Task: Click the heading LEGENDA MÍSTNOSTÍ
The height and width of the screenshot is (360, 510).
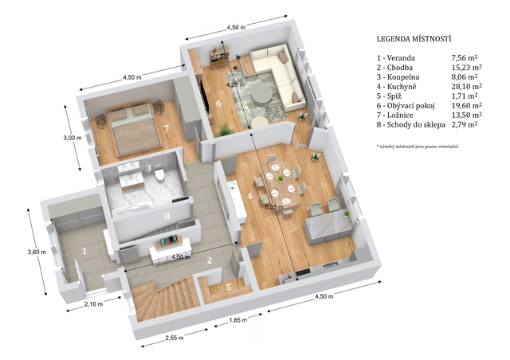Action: click(x=414, y=39)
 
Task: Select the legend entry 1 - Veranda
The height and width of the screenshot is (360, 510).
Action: click(x=396, y=58)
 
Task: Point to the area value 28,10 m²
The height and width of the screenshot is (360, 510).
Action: click(x=466, y=86)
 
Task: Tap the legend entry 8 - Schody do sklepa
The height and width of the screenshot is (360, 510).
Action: click(x=411, y=124)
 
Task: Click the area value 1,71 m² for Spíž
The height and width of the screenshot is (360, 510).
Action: click(x=464, y=96)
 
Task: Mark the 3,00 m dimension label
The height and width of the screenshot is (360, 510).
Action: click(x=73, y=138)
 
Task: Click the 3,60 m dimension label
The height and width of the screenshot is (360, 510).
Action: click(x=37, y=252)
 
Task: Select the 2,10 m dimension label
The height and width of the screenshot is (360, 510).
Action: click(x=94, y=304)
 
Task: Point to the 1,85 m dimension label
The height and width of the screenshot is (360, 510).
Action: click(x=238, y=320)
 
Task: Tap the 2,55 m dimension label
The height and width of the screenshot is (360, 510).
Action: click(x=175, y=338)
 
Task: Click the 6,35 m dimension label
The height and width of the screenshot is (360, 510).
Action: click(x=274, y=206)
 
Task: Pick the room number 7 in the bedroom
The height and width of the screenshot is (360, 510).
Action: click(x=167, y=129)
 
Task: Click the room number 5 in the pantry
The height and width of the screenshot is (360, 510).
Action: click(x=229, y=288)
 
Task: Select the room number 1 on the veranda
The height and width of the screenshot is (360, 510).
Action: click(x=84, y=251)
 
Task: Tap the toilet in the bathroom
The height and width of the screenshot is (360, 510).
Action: click(x=159, y=174)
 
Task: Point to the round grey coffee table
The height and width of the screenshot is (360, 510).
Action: click(x=261, y=92)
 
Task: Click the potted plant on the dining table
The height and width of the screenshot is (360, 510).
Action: click(x=280, y=179)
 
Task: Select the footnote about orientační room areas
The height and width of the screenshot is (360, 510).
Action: click(x=418, y=147)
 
